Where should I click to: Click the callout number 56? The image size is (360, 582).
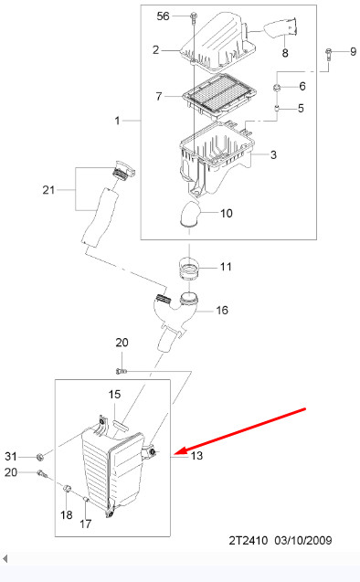click(x=163, y=16)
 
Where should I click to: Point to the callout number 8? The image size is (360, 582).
click(x=285, y=53)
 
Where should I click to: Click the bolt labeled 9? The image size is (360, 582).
click(x=328, y=54)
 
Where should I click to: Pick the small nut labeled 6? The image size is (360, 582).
click(x=277, y=88)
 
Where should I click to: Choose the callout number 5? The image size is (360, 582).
click(x=301, y=108)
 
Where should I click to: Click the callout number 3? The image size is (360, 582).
click(x=273, y=154)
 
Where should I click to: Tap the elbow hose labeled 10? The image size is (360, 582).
click(x=189, y=213)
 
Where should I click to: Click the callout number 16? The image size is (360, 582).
click(x=222, y=310)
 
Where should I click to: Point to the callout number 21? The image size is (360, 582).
click(x=48, y=190)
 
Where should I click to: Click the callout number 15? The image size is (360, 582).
click(x=115, y=394)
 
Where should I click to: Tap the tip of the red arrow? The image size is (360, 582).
click(x=174, y=454)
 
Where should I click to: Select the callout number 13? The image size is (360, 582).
click(x=196, y=455)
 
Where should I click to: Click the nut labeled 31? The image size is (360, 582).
click(x=40, y=457)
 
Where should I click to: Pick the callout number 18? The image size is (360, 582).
click(x=67, y=514)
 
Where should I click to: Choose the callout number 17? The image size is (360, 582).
click(x=85, y=524)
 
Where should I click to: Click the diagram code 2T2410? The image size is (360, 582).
click(x=248, y=540)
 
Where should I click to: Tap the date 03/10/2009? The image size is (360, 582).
click(x=303, y=540)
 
